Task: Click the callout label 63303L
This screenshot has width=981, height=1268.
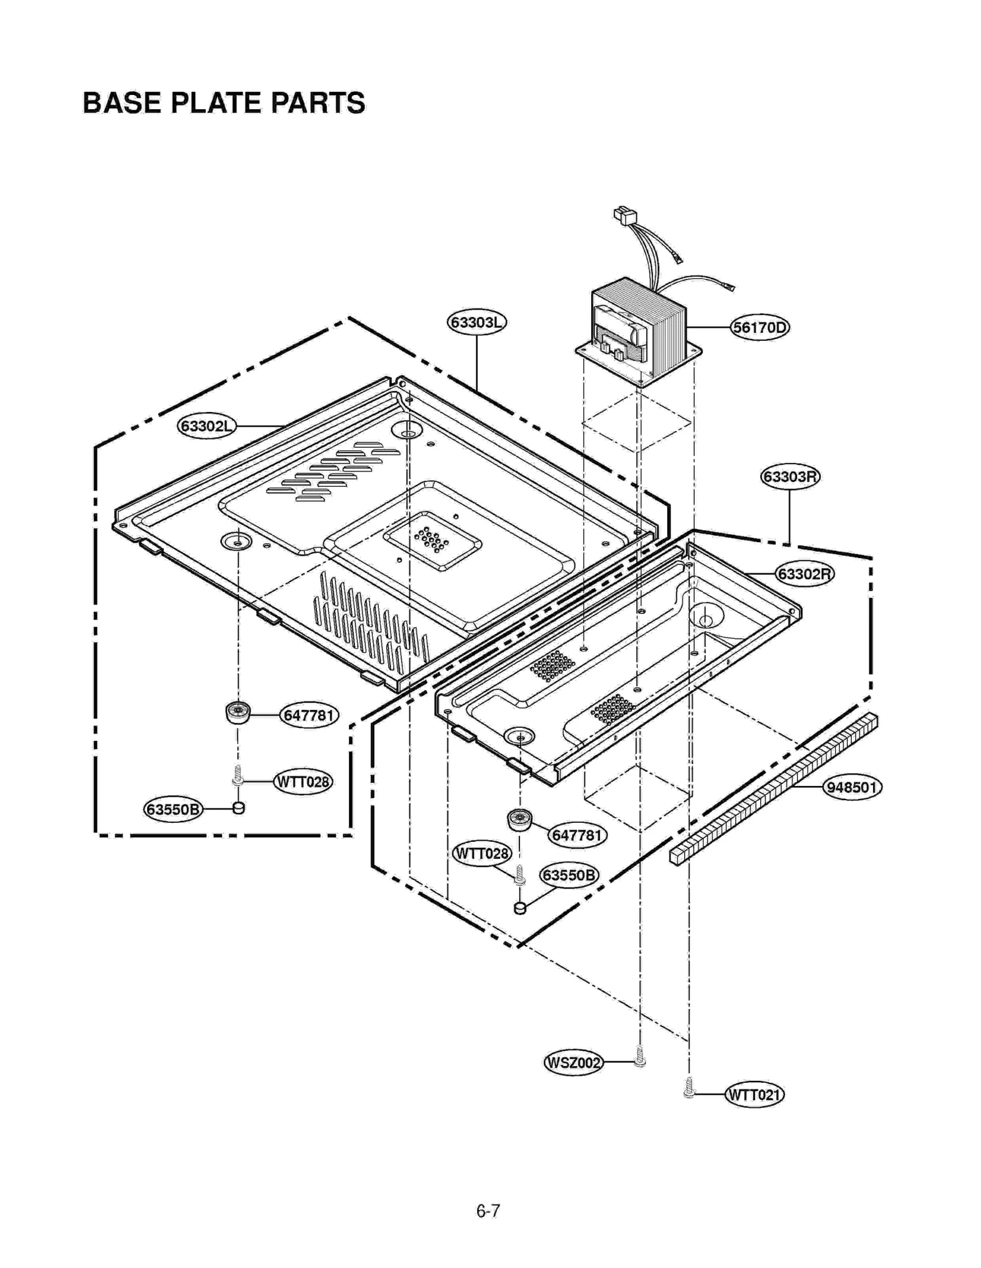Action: pos(476,323)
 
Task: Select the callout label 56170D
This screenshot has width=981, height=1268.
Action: pos(760,327)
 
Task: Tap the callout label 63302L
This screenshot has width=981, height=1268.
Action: pos(207,426)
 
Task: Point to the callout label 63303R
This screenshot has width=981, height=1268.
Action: pos(790,476)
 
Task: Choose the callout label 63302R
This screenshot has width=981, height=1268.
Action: pos(805,574)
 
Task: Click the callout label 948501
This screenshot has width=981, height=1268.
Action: pos(852,787)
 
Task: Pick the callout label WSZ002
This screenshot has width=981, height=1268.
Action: pos(573,1063)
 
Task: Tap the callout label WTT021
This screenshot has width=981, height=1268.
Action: pos(754,1094)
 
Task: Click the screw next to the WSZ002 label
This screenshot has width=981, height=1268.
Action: pos(639,1057)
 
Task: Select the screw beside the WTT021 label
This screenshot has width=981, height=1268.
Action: pos(689,1088)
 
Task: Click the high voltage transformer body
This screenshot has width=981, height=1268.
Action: pos(638,328)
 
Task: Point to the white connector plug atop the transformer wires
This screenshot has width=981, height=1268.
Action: pos(625,215)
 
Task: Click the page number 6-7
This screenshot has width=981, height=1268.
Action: pos(488,1211)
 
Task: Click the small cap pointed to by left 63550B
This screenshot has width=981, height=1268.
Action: pos(239,808)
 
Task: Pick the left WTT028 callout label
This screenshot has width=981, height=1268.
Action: pos(302,782)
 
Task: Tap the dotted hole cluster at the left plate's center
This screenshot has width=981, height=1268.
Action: pos(432,539)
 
